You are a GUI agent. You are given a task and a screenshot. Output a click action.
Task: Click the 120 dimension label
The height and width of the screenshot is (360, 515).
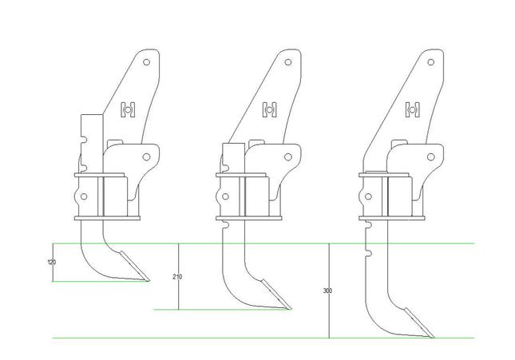(52, 262)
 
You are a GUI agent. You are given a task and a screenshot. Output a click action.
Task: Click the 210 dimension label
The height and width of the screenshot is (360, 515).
(177, 276)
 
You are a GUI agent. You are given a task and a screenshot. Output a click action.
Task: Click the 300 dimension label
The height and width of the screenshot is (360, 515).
(327, 291)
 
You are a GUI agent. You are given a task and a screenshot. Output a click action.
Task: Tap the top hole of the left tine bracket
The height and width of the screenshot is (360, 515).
(146, 62)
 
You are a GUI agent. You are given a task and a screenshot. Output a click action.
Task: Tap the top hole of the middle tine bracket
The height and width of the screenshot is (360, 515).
(288, 62)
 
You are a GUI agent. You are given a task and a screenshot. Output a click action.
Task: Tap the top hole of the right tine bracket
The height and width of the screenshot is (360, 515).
(431, 62)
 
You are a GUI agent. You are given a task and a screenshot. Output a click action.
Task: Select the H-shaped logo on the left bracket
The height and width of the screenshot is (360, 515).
(128, 109)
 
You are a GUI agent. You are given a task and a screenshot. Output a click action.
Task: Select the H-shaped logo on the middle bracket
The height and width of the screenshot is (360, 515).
(270, 109)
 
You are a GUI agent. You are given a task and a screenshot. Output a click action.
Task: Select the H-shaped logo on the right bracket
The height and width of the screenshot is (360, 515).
(413, 109)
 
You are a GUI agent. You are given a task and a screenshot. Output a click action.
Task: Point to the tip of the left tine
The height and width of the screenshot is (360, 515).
(149, 281)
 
